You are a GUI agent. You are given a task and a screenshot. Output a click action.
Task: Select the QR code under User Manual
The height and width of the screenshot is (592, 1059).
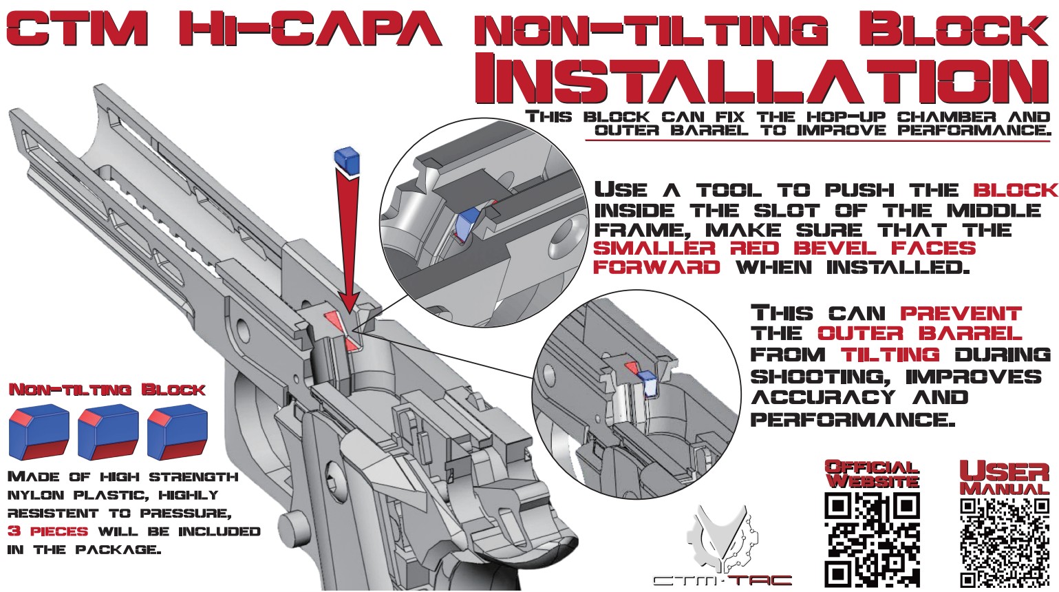[x=1005, y=541]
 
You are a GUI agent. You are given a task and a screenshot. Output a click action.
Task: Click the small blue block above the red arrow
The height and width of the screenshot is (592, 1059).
[x=347, y=160]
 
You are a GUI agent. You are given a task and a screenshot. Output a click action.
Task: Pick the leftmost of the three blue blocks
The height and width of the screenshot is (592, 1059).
[x=39, y=432]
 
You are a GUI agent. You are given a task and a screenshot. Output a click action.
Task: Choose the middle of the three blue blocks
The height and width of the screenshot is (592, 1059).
[x=108, y=432]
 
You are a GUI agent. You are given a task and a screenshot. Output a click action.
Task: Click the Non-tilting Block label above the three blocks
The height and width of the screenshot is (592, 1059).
[x=107, y=390]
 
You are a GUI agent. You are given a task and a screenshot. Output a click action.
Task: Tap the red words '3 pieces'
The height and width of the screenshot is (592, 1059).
[x=47, y=531]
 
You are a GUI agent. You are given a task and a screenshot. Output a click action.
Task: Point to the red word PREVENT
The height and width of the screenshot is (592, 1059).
[x=961, y=313]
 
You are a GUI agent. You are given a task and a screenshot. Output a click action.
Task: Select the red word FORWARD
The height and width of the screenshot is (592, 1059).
[x=656, y=267]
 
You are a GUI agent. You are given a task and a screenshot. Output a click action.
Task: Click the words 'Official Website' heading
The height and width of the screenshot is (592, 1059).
[x=872, y=474]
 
